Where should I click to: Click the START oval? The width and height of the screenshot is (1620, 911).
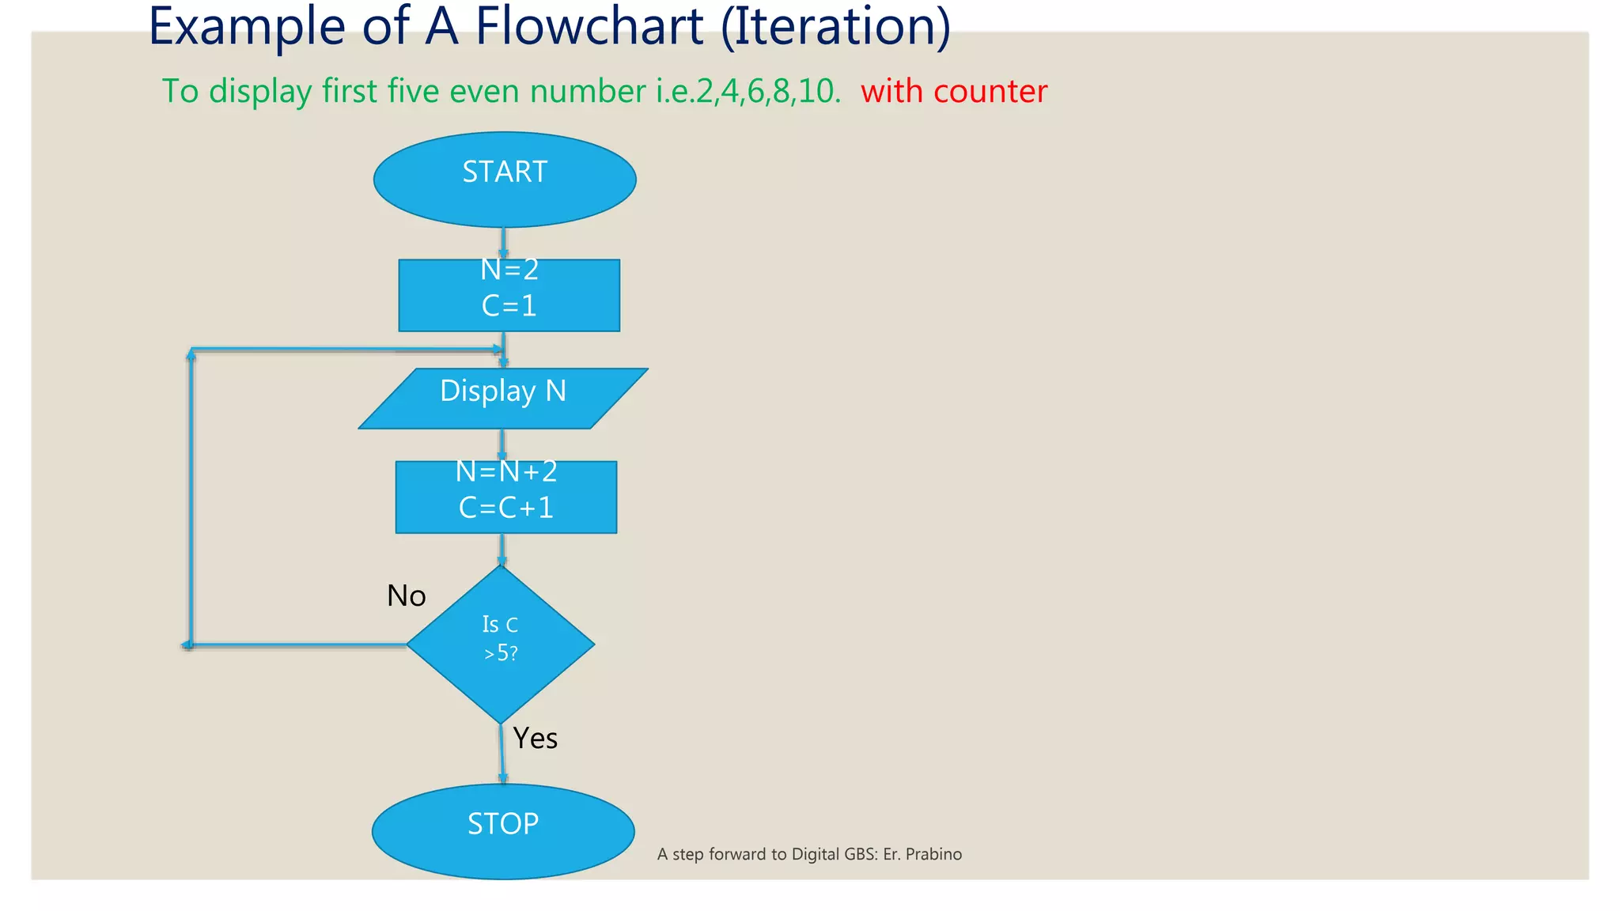505,180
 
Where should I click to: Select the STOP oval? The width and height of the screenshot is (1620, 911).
503,831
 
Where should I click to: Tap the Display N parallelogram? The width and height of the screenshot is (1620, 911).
503,399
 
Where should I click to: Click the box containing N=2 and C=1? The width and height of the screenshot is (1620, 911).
509,295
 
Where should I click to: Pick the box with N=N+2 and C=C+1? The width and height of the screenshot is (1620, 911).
506,497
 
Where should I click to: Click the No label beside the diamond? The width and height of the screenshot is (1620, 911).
406,596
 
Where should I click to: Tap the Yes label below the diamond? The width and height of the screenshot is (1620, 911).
536,739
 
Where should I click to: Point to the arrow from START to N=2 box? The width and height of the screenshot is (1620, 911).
503,243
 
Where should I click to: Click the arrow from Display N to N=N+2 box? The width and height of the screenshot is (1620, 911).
502,444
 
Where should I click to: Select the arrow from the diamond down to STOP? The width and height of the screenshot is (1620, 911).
502,754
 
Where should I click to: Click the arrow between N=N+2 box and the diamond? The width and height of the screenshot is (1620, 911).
502,549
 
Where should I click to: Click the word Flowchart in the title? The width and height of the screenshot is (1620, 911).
589,27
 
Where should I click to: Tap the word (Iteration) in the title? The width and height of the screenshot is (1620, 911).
835,27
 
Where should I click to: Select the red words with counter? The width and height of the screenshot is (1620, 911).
954,92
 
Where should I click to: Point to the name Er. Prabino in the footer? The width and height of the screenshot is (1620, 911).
922,854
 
